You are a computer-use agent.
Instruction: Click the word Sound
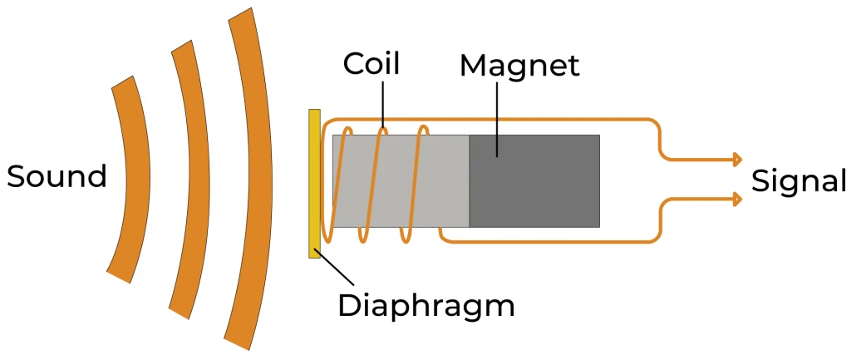click(57, 176)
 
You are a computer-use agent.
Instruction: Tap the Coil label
click(371, 64)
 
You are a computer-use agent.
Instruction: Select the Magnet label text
click(519, 66)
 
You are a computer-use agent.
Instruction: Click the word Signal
click(799, 180)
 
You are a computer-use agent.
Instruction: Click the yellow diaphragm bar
click(314, 183)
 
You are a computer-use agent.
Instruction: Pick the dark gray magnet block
click(534, 180)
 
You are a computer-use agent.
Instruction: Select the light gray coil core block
click(401, 180)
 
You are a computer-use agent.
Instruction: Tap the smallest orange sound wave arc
click(132, 179)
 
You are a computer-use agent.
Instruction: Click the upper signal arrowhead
click(735, 158)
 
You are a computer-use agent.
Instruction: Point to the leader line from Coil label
click(383, 104)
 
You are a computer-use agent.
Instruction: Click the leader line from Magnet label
click(496, 116)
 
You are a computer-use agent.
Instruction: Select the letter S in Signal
click(760, 180)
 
